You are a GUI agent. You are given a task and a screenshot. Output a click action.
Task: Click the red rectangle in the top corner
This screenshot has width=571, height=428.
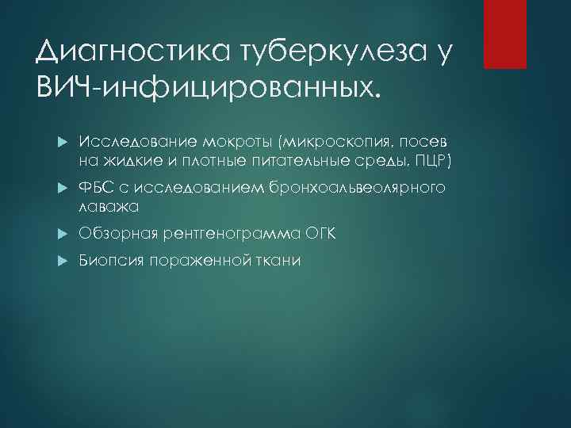click(505, 33)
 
